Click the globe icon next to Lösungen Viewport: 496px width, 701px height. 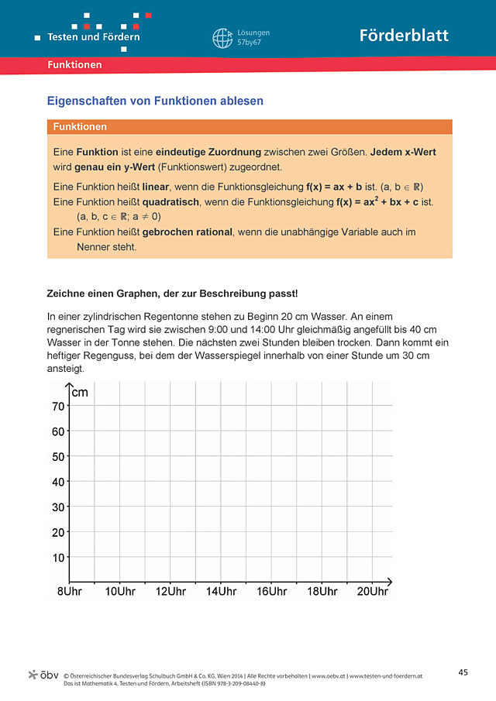coord(222,38)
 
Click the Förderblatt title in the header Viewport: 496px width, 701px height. coord(403,36)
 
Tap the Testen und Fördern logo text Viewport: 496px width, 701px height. coord(94,36)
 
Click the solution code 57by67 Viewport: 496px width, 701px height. coord(249,44)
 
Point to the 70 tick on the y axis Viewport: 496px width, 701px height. coord(58,407)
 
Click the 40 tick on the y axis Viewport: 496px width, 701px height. coord(58,482)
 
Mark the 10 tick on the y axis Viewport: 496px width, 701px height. coord(58,558)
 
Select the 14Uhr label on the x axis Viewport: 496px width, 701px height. coord(221,592)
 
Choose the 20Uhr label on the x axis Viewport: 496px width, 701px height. coord(372,592)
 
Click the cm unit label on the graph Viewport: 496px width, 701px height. coord(80,393)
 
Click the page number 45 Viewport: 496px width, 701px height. coord(463,672)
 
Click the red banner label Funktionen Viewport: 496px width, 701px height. coord(74,65)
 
